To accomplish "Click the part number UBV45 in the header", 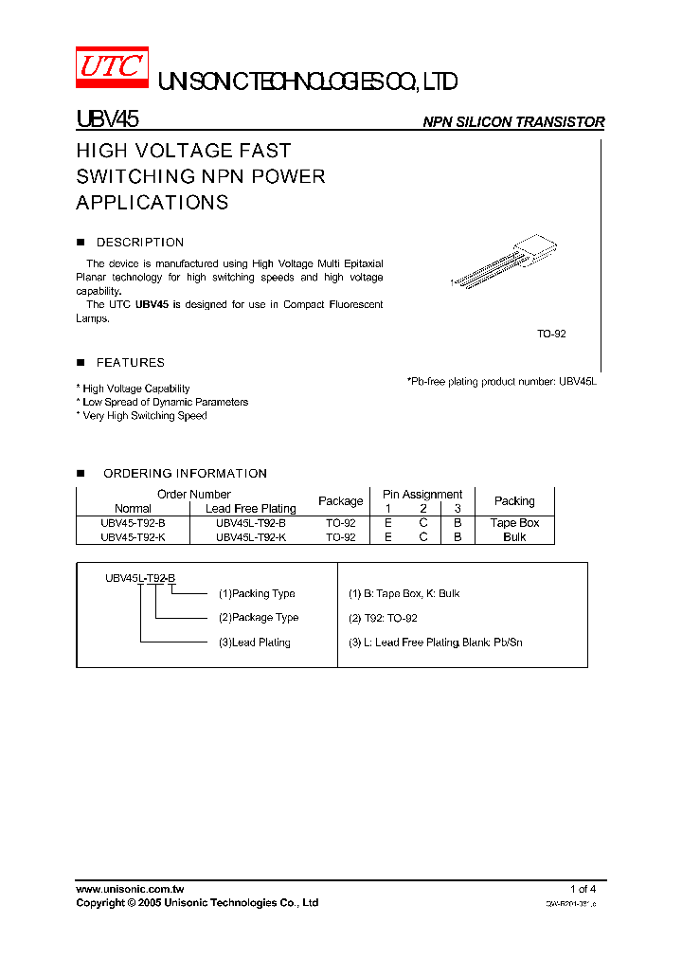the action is [108, 120].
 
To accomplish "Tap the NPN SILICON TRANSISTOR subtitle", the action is [512, 122].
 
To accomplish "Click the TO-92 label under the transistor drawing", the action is [551, 335].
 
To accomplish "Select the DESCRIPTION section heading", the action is [140, 243].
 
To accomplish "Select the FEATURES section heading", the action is [130, 363].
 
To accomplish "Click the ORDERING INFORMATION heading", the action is [185, 474].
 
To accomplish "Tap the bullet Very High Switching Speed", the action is [144, 416].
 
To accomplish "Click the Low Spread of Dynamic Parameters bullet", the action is [165, 402].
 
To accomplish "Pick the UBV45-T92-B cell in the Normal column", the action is [133, 523].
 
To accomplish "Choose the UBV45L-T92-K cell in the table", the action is [250, 537].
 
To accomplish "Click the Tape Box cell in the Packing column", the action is [514, 523].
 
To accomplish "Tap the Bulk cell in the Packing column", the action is [514, 537].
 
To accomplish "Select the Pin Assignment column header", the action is [422, 495].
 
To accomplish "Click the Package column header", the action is [340, 501].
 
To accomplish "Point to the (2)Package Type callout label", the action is [259, 618].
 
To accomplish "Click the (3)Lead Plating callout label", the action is [255, 642].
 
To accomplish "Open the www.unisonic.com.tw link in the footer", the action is [130, 889].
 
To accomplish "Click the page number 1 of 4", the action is [583, 889].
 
